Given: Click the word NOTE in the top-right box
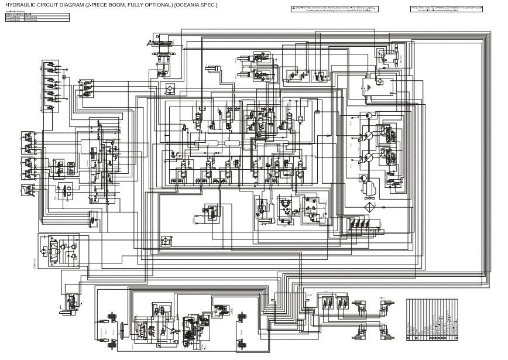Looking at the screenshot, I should click(x=415, y=8).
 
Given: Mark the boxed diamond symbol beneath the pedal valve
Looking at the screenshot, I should click(x=169, y=88).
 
